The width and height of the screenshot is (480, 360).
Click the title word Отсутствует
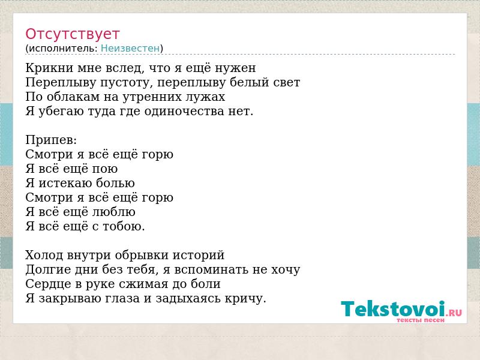coord(72,34)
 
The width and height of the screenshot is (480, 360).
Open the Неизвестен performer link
coord(130,48)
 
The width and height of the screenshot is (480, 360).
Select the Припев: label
coord(51,140)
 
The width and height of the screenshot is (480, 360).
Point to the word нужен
coord(235,68)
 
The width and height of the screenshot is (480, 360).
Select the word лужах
coord(205,97)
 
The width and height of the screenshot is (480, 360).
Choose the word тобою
coord(124,227)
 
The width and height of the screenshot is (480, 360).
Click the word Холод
coord(43,255)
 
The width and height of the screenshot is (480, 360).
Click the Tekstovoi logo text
coord(393,308)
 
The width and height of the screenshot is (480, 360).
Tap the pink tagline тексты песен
coord(421,320)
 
